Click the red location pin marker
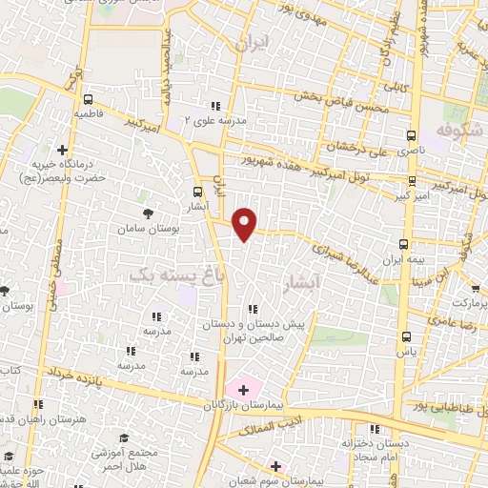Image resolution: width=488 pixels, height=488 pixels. [246, 222]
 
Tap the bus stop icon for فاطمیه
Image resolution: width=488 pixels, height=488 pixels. [89, 99]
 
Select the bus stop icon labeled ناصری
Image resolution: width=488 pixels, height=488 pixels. [412, 135]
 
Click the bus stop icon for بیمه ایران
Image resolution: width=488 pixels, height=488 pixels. [404, 244]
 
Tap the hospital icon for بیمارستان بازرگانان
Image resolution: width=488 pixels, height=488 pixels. [242, 389]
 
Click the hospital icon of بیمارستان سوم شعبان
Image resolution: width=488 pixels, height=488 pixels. [276, 466]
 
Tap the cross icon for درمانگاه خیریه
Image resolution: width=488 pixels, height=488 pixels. [63, 149]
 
